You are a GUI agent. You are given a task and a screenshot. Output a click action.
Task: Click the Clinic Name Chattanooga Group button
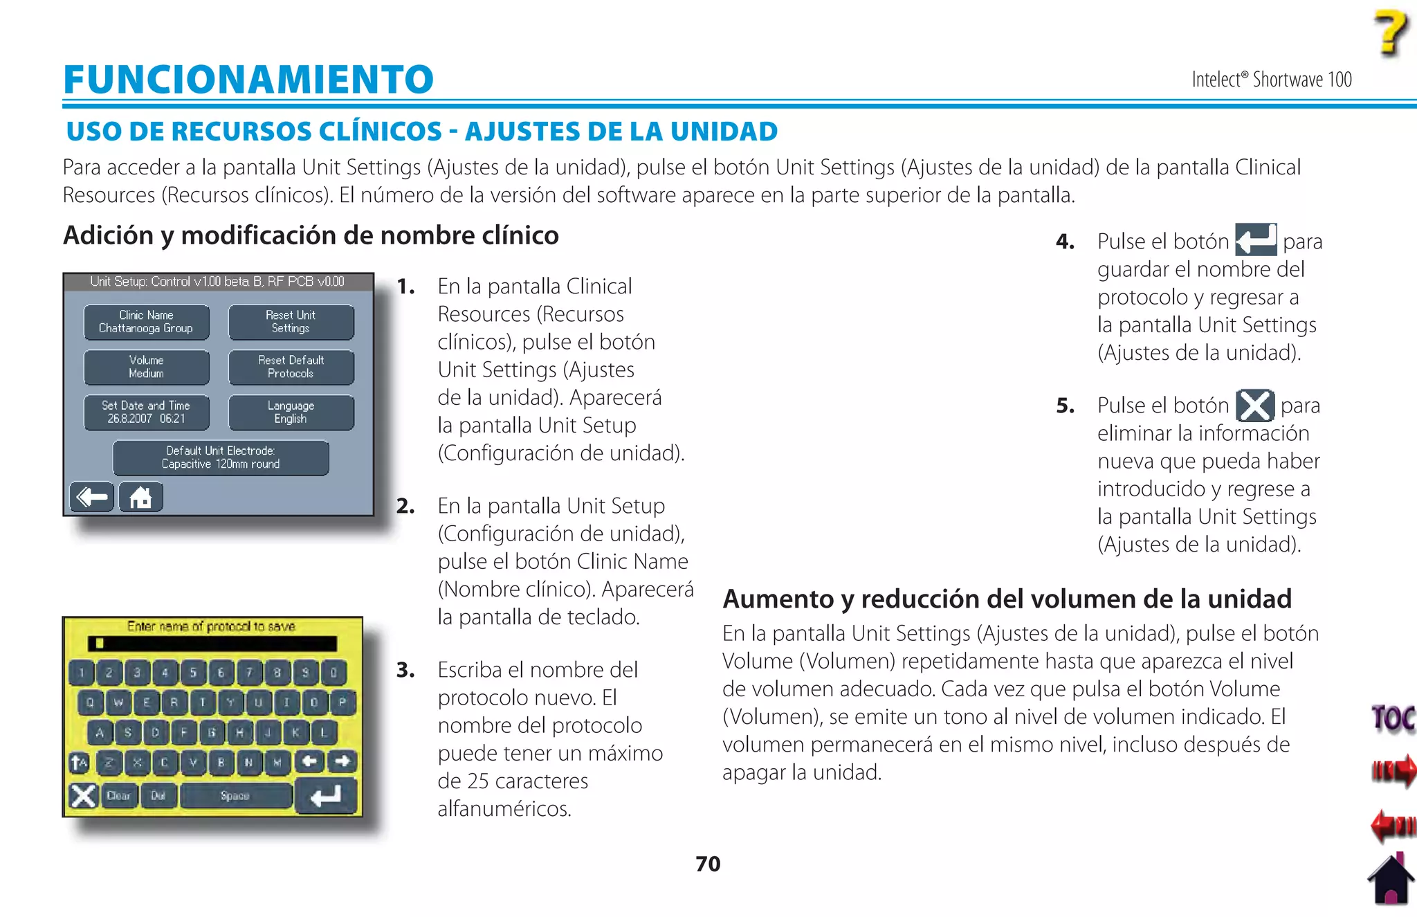pyautogui.click(x=146, y=322)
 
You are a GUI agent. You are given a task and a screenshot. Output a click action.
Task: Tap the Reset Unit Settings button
pyautogui.click(x=291, y=322)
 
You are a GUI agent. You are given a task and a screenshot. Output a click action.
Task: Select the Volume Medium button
pyautogui.click(x=146, y=367)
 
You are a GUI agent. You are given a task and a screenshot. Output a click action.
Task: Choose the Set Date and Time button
pyautogui.click(x=146, y=412)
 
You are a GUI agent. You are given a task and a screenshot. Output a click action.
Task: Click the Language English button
pyautogui.click(x=291, y=412)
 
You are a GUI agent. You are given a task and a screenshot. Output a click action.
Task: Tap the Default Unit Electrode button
pyautogui.click(x=221, y=457)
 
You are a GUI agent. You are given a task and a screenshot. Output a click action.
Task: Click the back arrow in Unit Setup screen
pyautogui.click(x=92, y=497)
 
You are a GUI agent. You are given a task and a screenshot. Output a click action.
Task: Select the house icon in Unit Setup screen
pyautogui.click(x=140, y=497)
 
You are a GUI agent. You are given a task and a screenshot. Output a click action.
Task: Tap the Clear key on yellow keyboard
pyautogui.click(x=119, y=796)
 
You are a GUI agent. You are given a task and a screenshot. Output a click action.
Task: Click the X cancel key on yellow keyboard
pyautogui.click(x=84, y=796)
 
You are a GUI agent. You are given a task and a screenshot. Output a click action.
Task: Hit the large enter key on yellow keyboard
pyautogui.click(x=326, y=796)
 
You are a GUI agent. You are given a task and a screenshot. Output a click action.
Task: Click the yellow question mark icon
pyautogui.click(x=1391, y=33)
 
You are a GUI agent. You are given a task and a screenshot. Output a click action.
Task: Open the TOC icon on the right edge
pyautogui.click(x=1393, y=718)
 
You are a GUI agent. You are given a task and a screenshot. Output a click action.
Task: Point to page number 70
pyautogui.click(x=708, y=864)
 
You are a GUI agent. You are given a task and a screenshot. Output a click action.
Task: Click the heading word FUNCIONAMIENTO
pyautogui.click(x=248, y=79)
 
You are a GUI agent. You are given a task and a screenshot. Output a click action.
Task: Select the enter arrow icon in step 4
pyautogui.click(x=1255, y=240)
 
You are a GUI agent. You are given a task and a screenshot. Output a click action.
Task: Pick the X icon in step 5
pyautogui.click(x=1254, y=406)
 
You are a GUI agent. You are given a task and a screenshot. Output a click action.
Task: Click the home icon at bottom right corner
pyautogui.click(x=1391, y=880)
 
